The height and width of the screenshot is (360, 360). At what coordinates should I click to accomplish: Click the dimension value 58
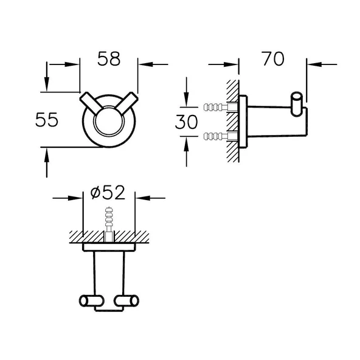[x=109, y=59]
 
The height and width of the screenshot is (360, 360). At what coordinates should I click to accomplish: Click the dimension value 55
[x=47, y=120]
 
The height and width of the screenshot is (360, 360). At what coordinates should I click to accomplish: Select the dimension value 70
[x=273, y=58]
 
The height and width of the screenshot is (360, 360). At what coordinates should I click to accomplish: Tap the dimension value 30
[x=186, y=122]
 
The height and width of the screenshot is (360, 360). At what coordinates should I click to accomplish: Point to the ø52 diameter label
[x=108, y=192]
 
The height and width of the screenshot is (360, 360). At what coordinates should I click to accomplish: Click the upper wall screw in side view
[x=220, y=107]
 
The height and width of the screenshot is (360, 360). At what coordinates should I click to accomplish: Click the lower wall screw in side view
[x=220, y=136]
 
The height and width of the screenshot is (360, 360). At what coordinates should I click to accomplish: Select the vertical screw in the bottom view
[x=109, y=224]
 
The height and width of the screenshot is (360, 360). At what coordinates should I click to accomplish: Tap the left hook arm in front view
[x=91, y=103]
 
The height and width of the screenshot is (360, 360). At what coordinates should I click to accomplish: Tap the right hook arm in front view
[x=126, y=103]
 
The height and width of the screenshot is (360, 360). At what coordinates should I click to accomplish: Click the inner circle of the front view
[x=109, y=121]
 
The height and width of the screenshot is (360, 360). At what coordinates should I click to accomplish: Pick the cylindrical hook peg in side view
[x=297, y=104]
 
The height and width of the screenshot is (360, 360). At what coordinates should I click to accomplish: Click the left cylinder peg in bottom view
[x=91, y=301]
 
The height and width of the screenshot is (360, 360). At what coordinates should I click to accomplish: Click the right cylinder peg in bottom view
[x=126, y=301]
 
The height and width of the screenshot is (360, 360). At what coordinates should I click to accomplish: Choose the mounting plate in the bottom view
[x=109, y=247]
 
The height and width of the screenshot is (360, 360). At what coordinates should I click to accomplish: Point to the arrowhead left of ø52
[x=75, y=198]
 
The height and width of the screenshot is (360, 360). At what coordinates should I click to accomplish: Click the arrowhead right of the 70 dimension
[x=314, y=64]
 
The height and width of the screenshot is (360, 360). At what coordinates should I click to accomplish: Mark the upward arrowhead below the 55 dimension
[x=47, y=156]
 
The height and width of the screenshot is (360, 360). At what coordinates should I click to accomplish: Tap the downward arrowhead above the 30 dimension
[x=187, y=99]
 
